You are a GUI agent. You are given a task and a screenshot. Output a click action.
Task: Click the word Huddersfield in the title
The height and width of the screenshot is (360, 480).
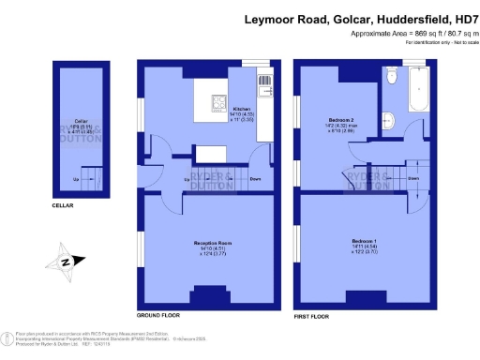click(405, 18)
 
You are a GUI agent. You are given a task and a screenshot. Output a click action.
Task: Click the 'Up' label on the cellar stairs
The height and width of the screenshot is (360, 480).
click(75, 179)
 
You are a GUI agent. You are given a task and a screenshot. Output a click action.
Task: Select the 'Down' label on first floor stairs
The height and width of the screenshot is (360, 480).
click(412, 177)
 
